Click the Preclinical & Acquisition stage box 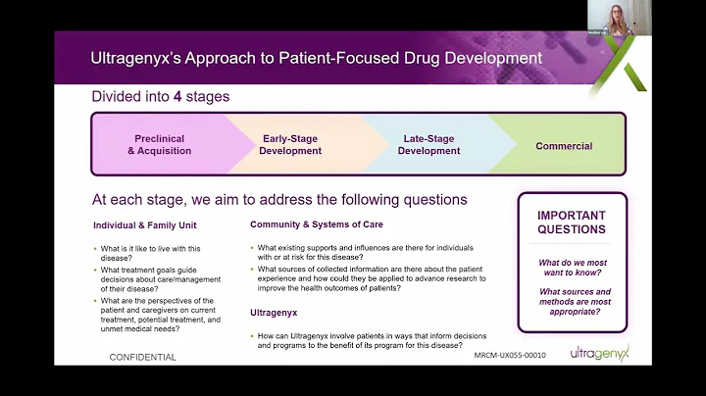pyautogui.click(x=159, y=145)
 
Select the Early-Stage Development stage pyautogui.click(x=291, y=145)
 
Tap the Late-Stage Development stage pyautogui.click(x=429, y=145)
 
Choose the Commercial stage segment pyautogui.click(x=564, y=146)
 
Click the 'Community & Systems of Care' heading pyautogui.click(x=317, y=224)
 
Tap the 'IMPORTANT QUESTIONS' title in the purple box pyautogui.click(x=572, y=223)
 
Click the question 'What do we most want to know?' pyautogui.click(x=573, y=269)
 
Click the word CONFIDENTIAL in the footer pyautogui.click(x=143, y=357)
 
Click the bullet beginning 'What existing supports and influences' pyautogui.click(x=369, y=251)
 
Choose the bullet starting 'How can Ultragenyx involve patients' pyautogui.click(x=368, y=341)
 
